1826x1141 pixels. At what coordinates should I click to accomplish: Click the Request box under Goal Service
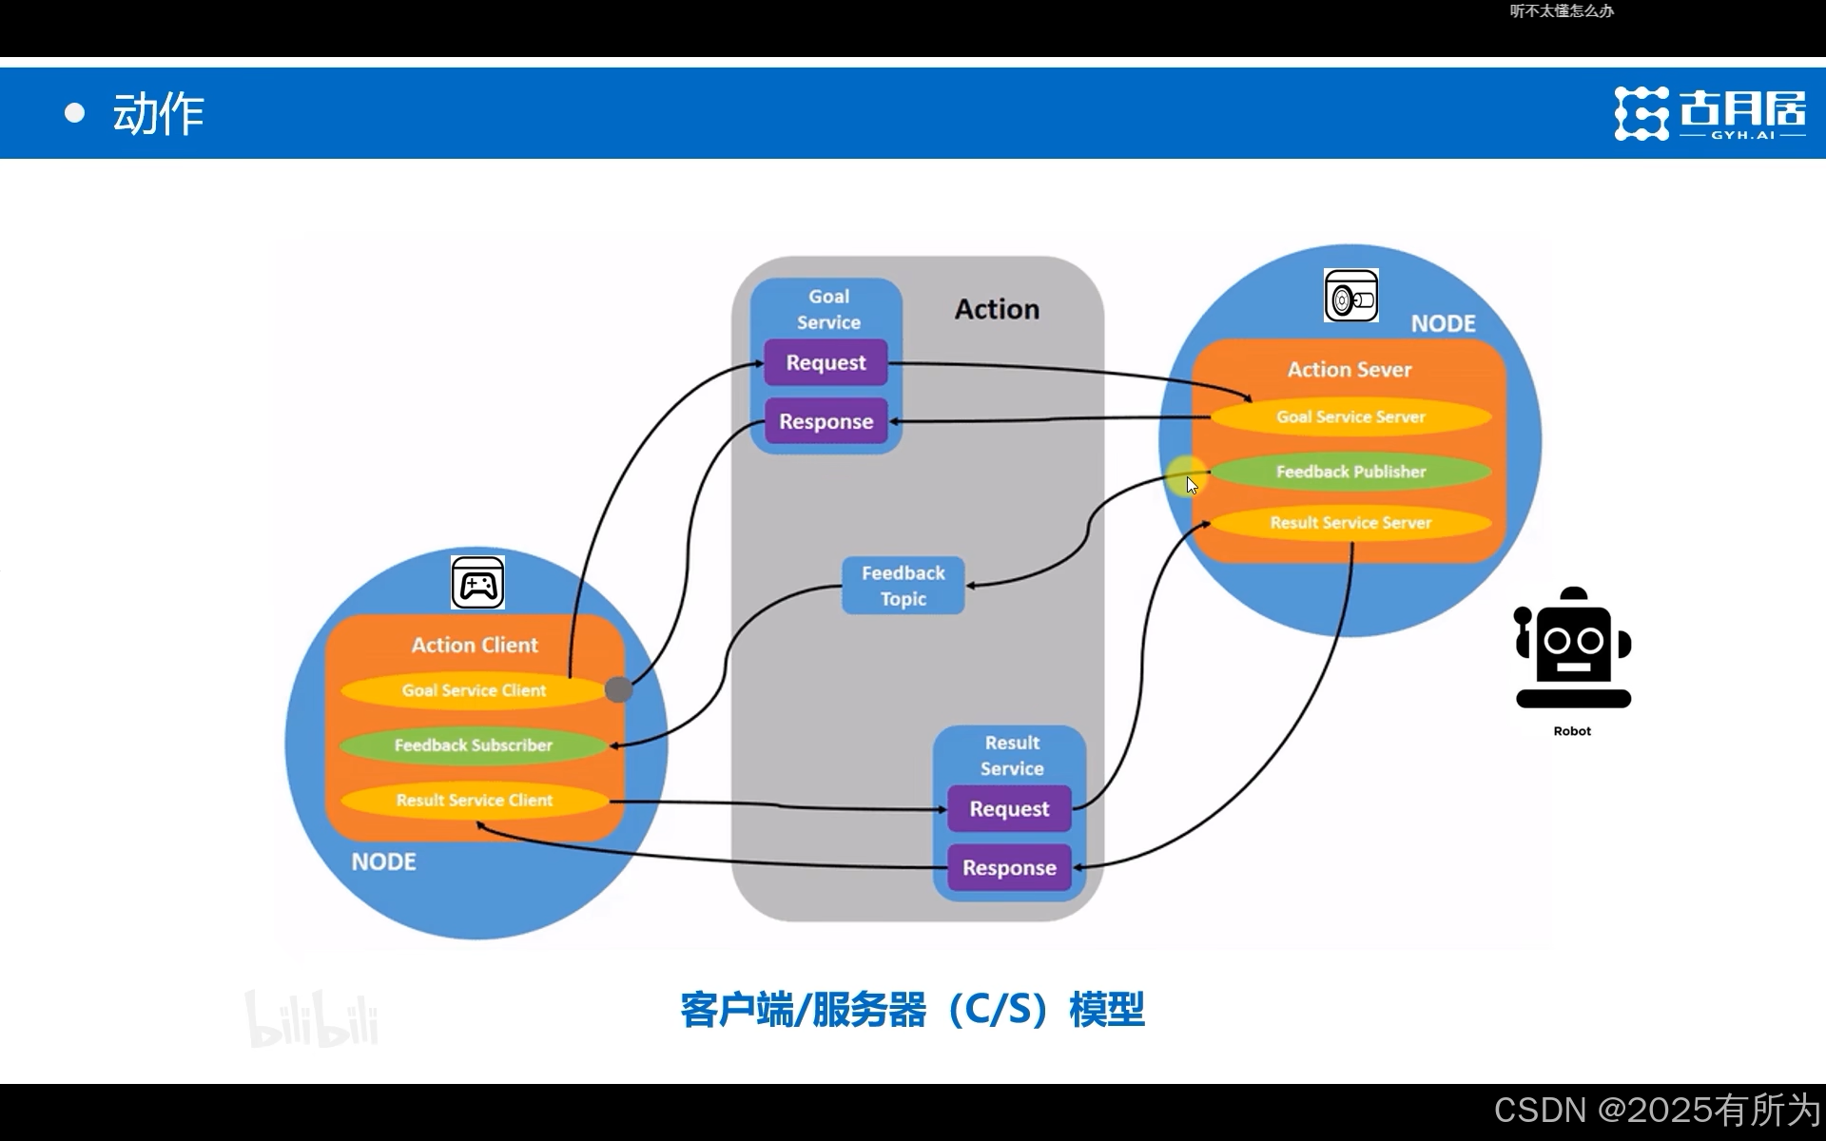click(x=826, y=362)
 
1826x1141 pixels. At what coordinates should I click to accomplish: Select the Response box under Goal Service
click(x=826, y=421)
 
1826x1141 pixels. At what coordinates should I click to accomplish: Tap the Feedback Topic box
click(x=903, y=586)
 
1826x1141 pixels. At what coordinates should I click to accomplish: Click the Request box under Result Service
click(x=1009, y=809)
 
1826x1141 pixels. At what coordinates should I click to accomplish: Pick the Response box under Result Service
click(x=1009, y=867)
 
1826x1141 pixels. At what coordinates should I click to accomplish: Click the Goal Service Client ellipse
click(x=473, y=690)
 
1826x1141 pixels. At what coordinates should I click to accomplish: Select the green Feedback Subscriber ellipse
click(x=473, y=745)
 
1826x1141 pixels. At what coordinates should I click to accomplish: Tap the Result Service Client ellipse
click(x=473, y=801)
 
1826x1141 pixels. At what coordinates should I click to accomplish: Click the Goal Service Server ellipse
click(x=1350, y=416)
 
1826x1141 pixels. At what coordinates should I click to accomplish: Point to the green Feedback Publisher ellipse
click(x=1350, y=472)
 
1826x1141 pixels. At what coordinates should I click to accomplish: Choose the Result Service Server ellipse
click(x=1350, y=523)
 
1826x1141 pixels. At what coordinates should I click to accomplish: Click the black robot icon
click(x=1572, y=648)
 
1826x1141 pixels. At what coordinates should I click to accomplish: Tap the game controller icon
click(x=477, y=583)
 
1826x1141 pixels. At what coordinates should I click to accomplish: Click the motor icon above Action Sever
click(x=1350, y=296)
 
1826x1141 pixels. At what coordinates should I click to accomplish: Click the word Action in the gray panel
click(x=997, y=309)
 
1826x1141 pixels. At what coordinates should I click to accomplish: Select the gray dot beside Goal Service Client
click(x=618, y=689)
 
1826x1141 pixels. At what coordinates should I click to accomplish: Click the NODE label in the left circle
click(x=383, y=861)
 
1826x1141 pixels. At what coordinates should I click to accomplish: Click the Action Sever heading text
click(x=1349, y=369)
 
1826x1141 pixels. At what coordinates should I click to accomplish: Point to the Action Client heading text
click(x=475, y=645)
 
